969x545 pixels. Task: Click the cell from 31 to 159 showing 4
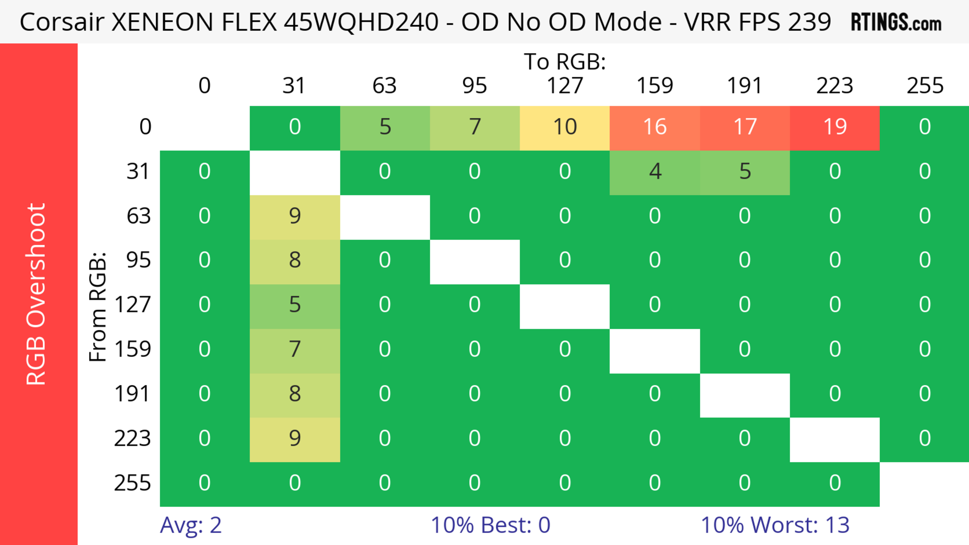point(655,172)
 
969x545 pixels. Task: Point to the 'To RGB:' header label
point(565,62)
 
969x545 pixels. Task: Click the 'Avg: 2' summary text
point(191,525)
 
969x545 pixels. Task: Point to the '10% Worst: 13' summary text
point(775,525)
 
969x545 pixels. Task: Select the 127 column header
point(565,86)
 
